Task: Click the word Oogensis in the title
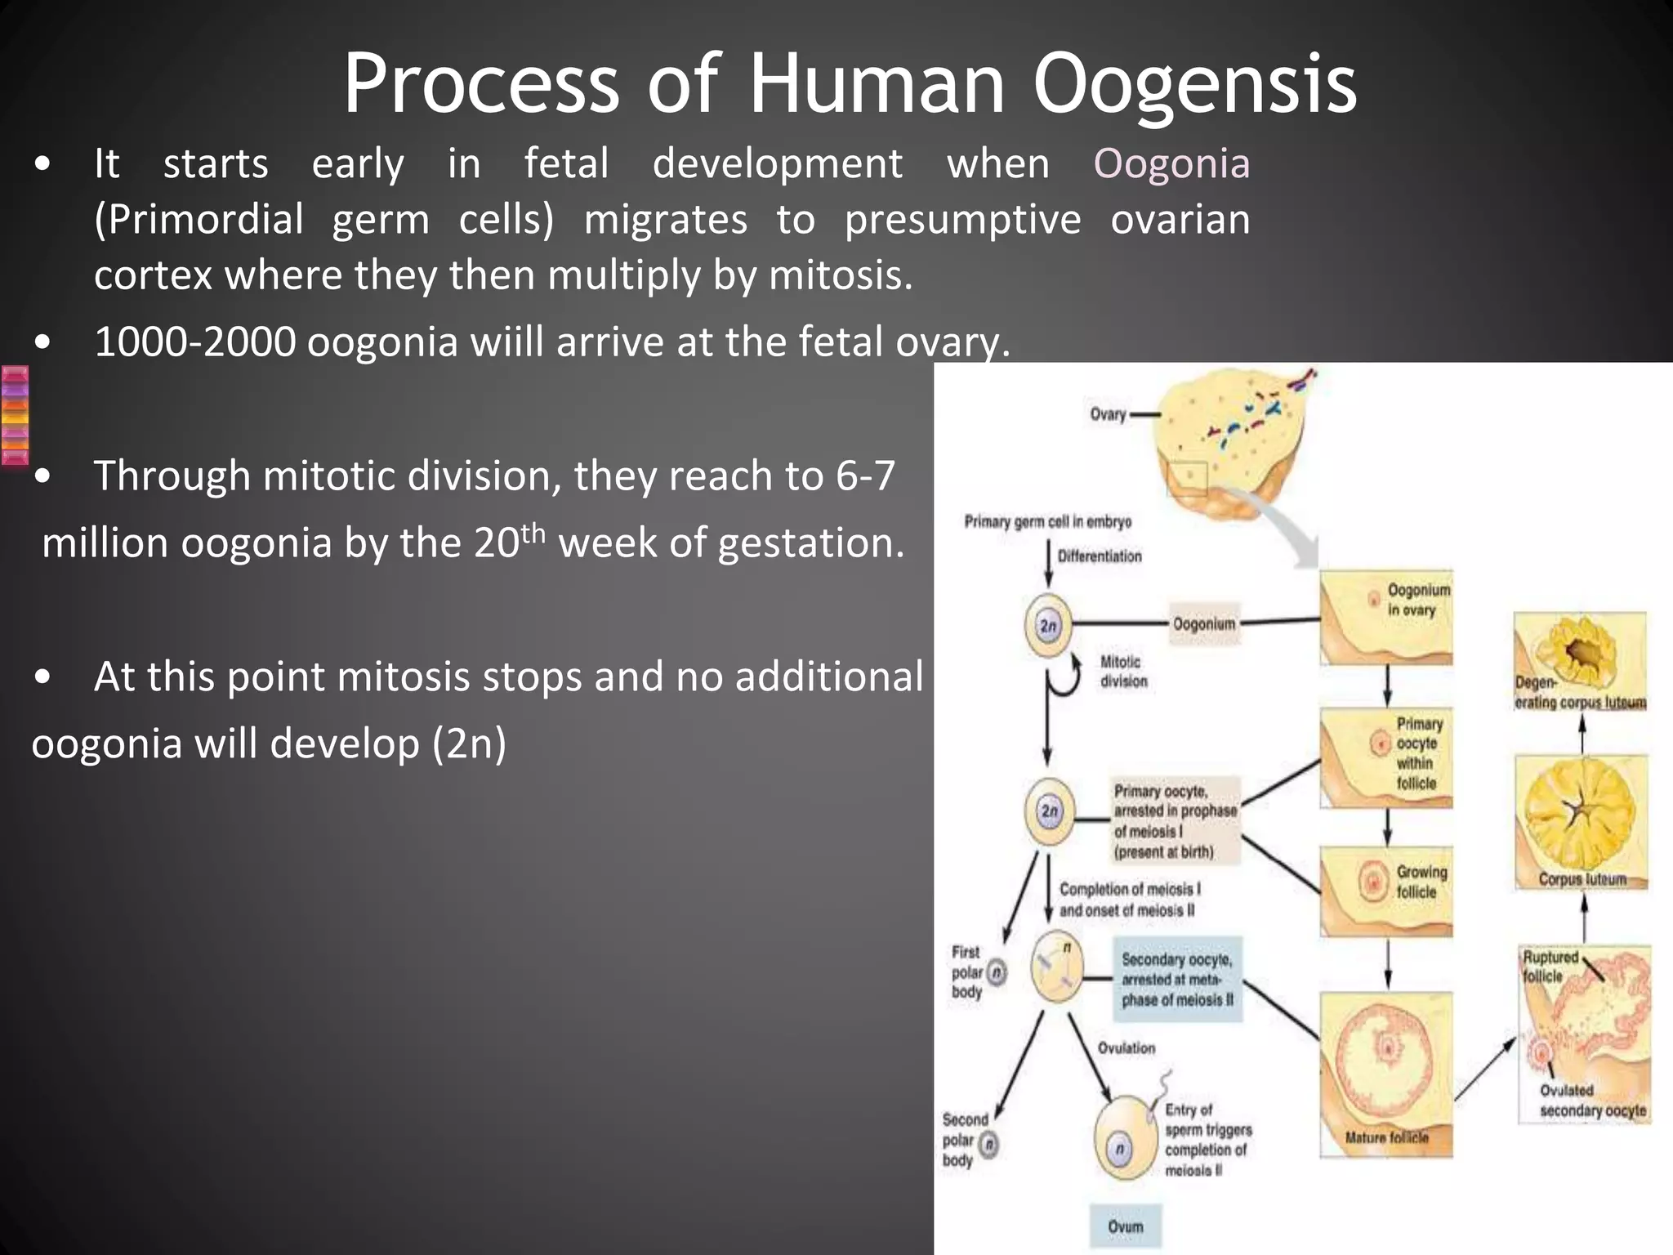point(1194,85)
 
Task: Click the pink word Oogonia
point(1171,163)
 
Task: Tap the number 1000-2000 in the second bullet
point(194,342)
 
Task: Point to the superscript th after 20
point(533,532)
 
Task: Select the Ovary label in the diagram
point(1108,414)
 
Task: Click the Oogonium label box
point(1204,624)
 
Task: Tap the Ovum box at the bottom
point(1126,1226)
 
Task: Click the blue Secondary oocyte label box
point(1177,979)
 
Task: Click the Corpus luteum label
point(1582,879)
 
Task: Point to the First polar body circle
point(997,972)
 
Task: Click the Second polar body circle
point(988,1145)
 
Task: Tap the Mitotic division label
point(1123,672)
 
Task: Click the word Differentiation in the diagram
point(1100,556)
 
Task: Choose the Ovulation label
point(1126,1048)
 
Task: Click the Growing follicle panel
point(1386,891)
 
